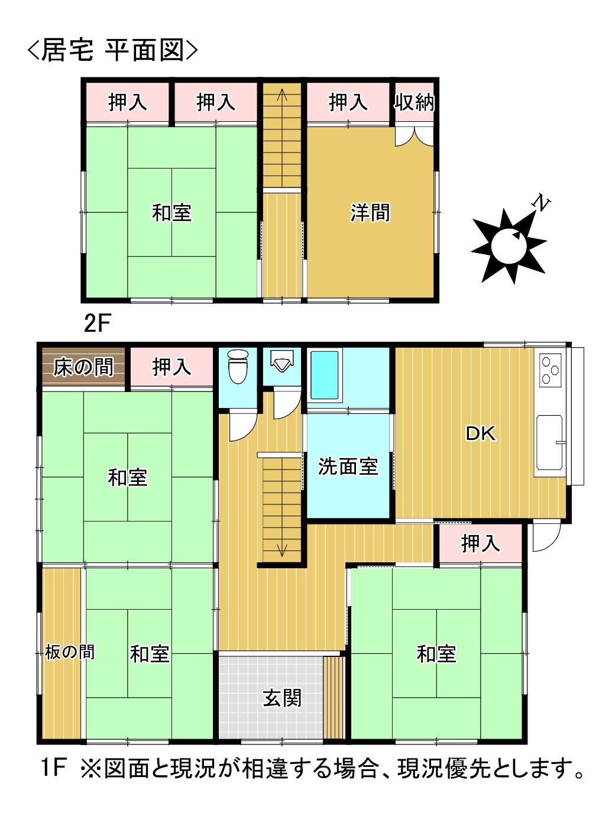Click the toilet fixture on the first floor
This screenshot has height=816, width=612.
[238, 366]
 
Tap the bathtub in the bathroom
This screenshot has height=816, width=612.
[325, 375]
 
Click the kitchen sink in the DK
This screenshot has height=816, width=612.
[549, 442]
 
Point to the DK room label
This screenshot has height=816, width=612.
[480, 433]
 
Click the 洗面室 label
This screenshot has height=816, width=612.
[348, 467]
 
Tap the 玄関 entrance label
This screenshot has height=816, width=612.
[282, 698]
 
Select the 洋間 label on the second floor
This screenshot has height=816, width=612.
[370, 212]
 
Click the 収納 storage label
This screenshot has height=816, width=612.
[415, 102]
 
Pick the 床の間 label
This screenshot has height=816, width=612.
[83, 367]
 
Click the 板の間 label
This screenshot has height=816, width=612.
[70, 652]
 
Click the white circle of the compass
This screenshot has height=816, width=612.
[507, 245]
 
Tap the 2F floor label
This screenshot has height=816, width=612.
[98, 323]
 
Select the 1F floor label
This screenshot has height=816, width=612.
[53, 768]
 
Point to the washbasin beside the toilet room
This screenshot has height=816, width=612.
[281, 360]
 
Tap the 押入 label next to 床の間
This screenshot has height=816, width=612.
[171, 367]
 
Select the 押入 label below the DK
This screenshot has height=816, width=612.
[480, 543]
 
